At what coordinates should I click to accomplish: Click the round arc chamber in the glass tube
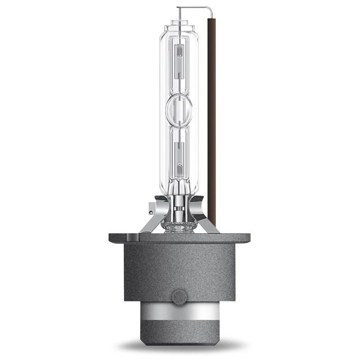(179, 108)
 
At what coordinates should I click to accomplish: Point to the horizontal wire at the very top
(193, 7)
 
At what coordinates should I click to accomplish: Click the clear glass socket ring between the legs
(179, 228)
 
